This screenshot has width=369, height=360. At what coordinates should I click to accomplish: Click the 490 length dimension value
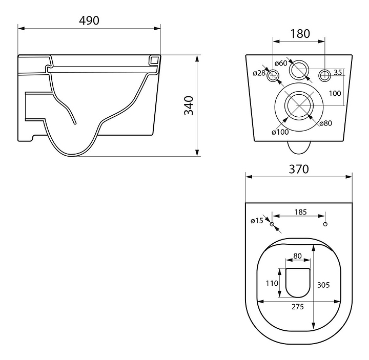pos(89,20)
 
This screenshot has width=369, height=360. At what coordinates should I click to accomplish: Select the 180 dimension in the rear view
pos(300,34)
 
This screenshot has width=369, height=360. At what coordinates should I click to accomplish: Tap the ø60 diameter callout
pos(280,63)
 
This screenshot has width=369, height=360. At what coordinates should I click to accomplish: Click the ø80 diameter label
pos(325,123)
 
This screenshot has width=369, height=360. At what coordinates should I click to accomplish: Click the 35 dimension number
pos(338,72)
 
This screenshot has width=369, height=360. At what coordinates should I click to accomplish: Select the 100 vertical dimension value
pos(335,93)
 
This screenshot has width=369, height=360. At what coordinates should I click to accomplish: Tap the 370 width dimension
pos(299,170)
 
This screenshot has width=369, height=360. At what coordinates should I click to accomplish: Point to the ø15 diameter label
pos(257,221)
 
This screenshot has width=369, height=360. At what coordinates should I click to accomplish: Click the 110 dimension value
pos(272,283)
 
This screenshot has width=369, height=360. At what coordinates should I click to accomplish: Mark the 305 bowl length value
pos(323,285)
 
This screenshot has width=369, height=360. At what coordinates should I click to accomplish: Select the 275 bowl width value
pos(298,307)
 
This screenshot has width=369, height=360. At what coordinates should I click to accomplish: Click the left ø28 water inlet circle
pos(274,76)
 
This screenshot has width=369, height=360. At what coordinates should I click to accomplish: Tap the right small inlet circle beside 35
pos(324,76)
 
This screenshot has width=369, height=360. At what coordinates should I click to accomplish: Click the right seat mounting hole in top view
pos(325,225)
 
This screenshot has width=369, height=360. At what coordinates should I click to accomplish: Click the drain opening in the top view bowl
pos(298,283)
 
